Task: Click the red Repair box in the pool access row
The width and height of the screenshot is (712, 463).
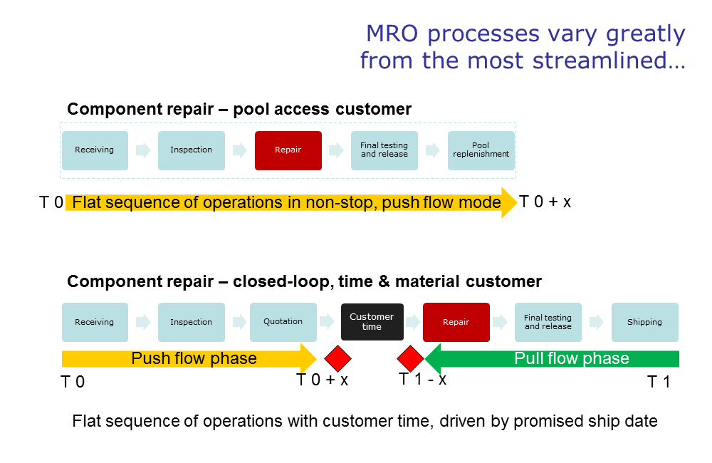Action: (288, 150)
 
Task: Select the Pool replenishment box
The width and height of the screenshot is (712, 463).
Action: (481, 150)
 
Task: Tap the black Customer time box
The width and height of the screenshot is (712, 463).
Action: (372, 322)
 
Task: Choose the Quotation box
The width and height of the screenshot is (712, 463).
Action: (283, 322)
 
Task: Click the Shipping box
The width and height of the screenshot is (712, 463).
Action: (645, 322)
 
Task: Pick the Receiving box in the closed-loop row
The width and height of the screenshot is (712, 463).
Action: (95, 322)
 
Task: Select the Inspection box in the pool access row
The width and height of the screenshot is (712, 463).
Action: (192, 150)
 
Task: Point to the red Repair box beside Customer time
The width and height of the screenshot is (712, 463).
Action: (456, 322)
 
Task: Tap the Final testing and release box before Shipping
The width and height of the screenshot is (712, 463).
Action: (548, 322)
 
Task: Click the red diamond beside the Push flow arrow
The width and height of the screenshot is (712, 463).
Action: (337, 358)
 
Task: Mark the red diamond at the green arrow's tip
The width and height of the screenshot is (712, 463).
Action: (411, 358)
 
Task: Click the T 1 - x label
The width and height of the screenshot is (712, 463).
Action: (422, 378)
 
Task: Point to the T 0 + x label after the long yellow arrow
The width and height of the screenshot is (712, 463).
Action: (545, 202)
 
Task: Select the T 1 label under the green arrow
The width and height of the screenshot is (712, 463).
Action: (659, 382)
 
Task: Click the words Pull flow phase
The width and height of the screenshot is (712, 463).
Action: (572, 358)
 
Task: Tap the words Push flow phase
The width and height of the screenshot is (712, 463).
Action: (194, 358)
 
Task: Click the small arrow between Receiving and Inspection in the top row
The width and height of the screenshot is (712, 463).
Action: (144, 150)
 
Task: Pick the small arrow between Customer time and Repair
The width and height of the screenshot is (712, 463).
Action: (413, 322)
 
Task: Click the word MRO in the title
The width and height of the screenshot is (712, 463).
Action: (392, 33)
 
